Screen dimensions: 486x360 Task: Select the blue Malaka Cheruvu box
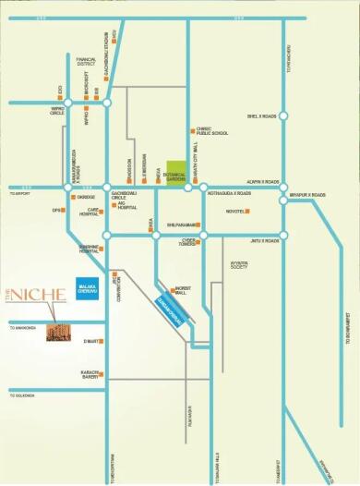pyautogui.click(x=88, y=288)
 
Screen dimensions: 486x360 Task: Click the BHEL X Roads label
pyautogui.click(x=263, y=116)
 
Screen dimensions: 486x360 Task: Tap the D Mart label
pyautogui.click(x=91, y=341)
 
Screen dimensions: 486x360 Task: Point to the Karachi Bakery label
pyautogui.click(x=90, y=374)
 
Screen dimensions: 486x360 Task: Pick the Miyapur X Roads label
pyautogui.click(x=307, y=195)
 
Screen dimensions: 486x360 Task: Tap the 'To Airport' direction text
pyautogui.click(x=19, y=194)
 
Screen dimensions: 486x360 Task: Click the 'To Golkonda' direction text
pyautogui.click(x=21, y=395)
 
